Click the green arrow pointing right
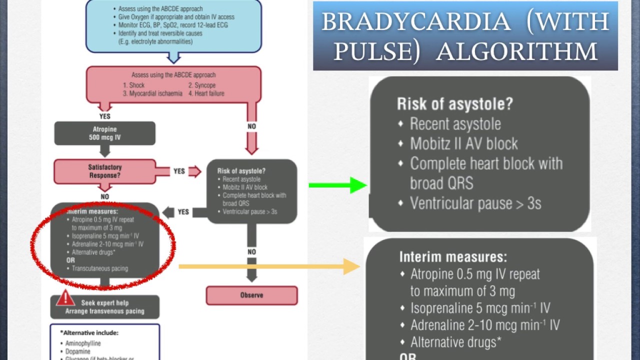(338, 185)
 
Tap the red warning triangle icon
(65, 298)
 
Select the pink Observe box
(251, 295)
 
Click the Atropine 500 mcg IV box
(104, 133)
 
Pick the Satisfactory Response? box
(105, 171)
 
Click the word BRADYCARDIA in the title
(415, 22)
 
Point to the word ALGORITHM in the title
(516, 51)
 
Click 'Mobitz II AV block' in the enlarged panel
(463, 144)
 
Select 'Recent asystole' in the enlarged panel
(455, 124)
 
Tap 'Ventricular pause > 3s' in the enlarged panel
(475, 203)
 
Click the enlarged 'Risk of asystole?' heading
(454, 104)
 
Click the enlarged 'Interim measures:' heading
(453, 257)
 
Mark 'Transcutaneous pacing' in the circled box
(99, 268)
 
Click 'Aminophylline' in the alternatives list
(82, 343)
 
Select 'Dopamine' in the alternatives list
(78, 352)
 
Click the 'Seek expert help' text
(104, 302)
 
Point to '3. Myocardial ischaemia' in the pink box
(152, 93)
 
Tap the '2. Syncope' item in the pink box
(201, 85)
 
